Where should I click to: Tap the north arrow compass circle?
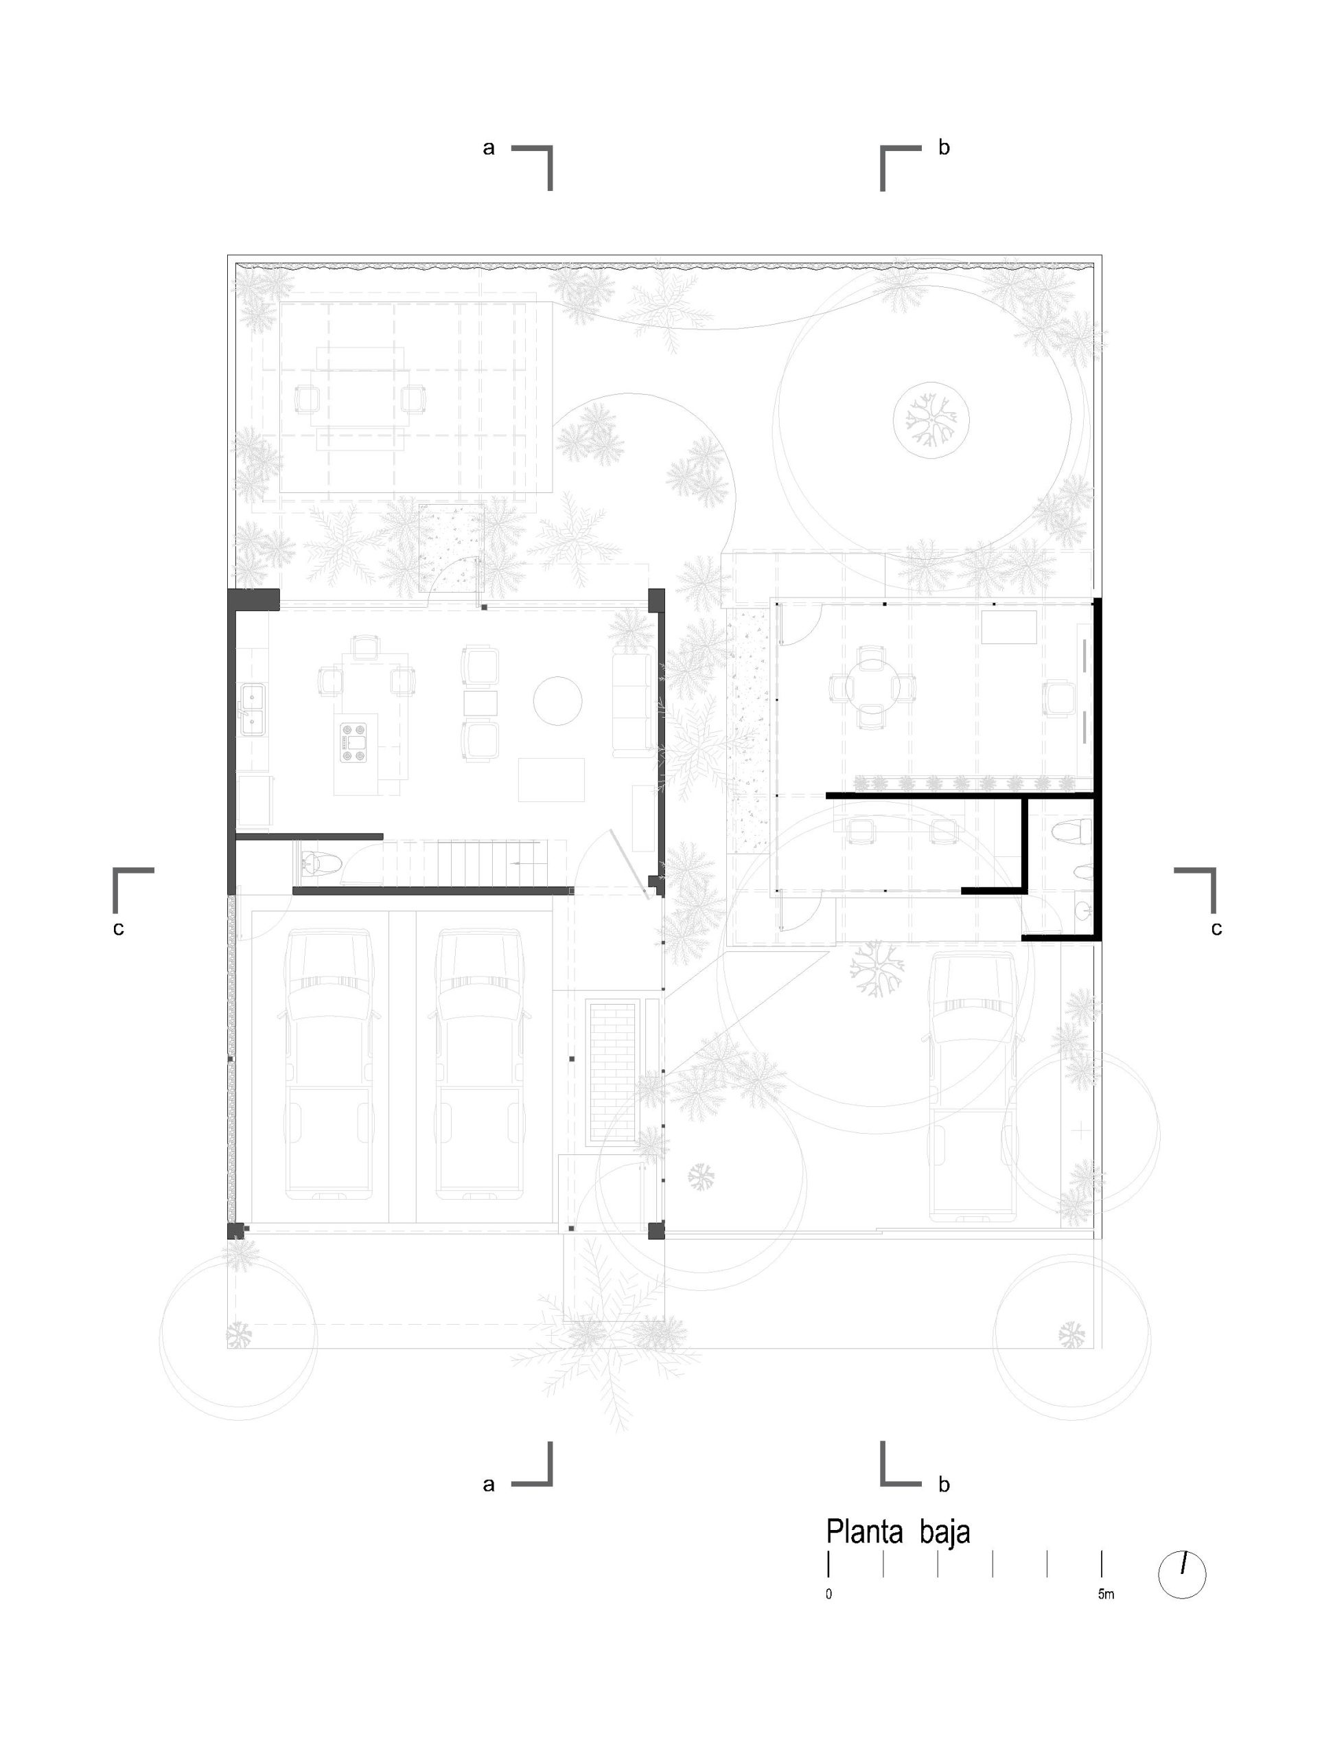[1182, 1575]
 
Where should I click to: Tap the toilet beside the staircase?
[321, 863]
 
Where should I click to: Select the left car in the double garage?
[329, 1064]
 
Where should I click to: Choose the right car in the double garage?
[479, 1064]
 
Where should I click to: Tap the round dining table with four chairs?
[872, 687]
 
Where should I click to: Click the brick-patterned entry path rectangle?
[611, 1073]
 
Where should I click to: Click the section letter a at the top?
[489, 147]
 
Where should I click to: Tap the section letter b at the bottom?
[944, 1483]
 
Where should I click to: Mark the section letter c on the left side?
[118, 928]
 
